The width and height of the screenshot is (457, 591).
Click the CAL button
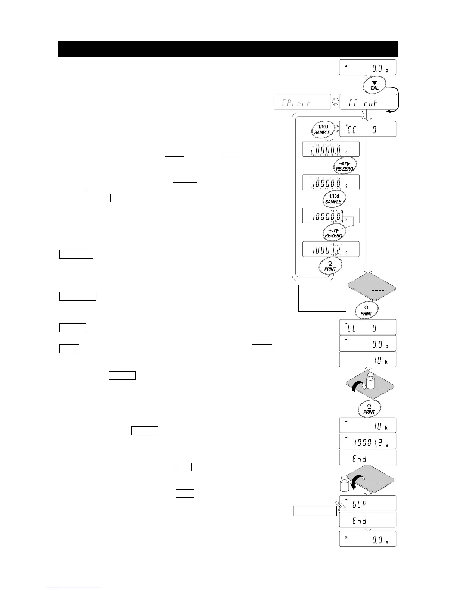coord(374,86)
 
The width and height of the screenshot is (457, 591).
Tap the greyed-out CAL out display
coord(302,102)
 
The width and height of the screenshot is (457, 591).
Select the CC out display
coord(368,102)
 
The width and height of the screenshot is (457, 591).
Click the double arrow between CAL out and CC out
coord(335,102)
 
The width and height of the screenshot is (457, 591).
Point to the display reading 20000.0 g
coord(330,149)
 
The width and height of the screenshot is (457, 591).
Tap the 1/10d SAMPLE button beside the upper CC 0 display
coord(322,129)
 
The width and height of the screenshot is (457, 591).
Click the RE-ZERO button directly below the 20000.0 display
coord(344,166)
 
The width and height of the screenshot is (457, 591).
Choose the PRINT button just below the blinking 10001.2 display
coord(330,266)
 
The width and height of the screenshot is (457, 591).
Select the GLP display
coord(368,504)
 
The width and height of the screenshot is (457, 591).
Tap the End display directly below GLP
coord(368,520)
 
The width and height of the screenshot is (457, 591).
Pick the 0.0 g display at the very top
coord(368,68)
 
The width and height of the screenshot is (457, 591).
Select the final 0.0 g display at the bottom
coord(368,539)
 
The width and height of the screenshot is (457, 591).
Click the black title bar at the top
coord(228,49)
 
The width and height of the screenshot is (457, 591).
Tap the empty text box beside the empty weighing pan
coord(322,298)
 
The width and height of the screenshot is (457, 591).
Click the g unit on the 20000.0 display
coord(346,152)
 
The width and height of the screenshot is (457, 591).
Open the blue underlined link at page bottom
coord(74,588)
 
